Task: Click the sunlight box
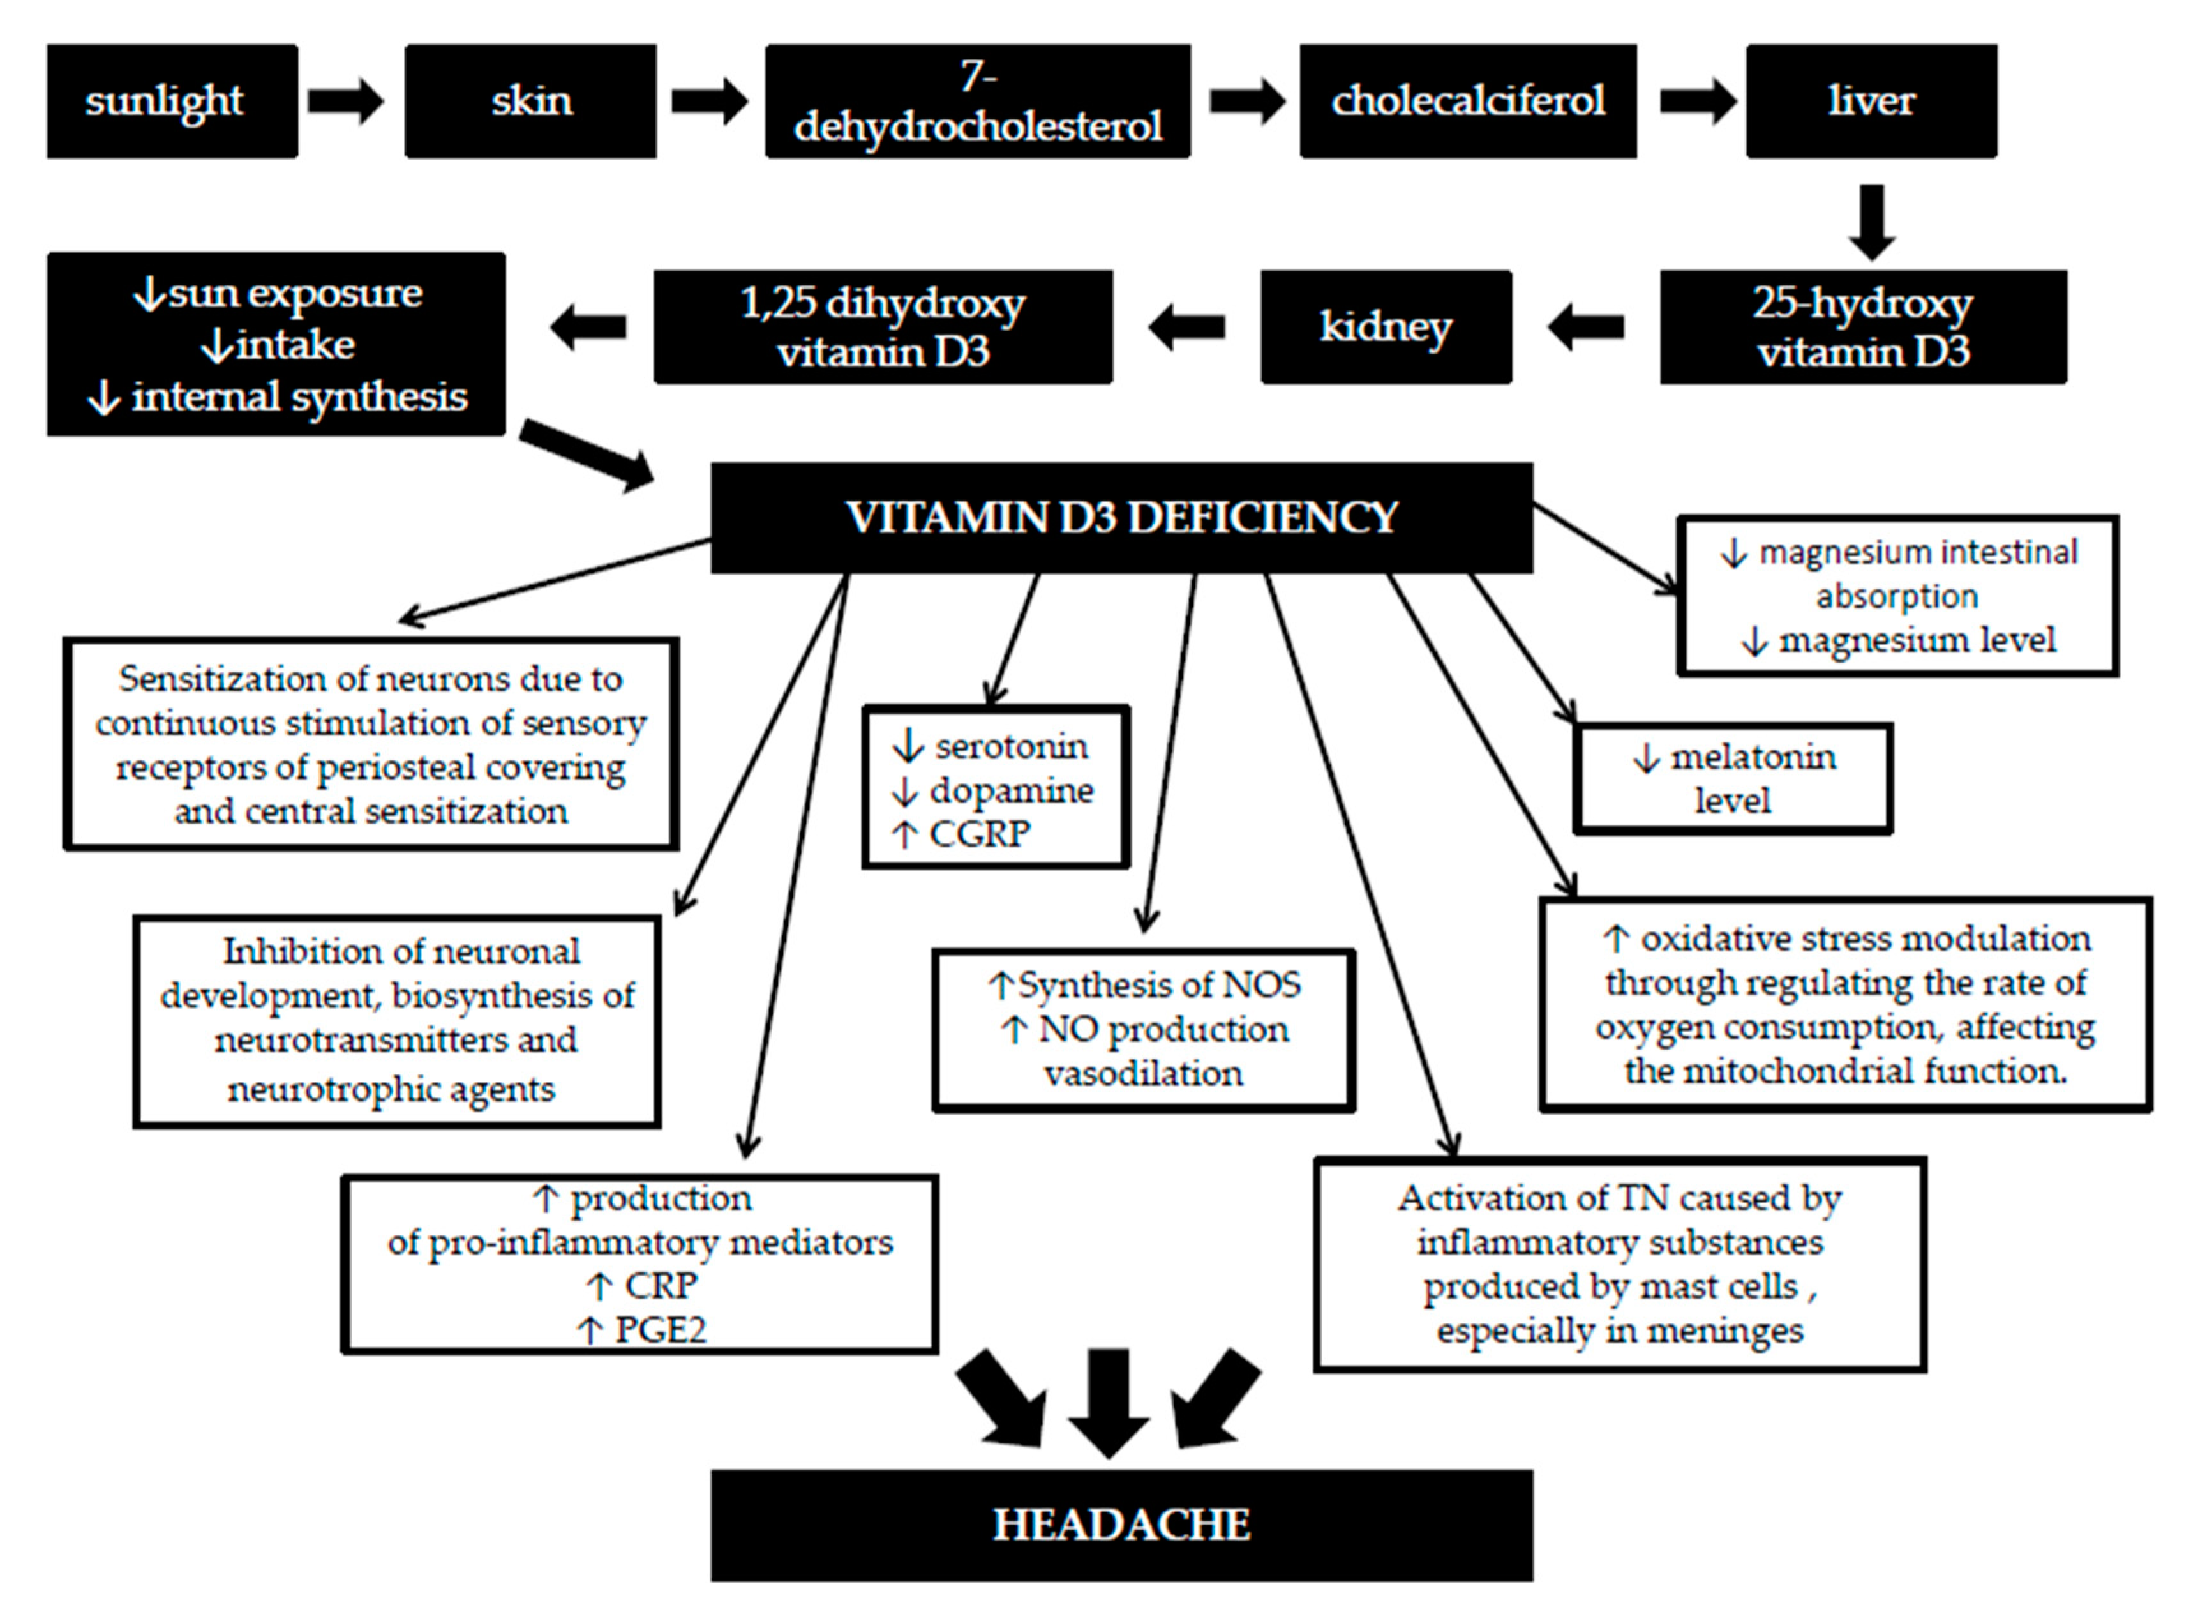pos(172,101)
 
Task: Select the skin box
pos(530,101)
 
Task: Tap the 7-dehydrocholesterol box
pos(978,101)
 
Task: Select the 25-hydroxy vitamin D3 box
pos(1862,327)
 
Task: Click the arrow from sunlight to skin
pos(345,101)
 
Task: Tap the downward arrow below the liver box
pos(1872,222)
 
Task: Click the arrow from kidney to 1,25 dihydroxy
pos(1186,327)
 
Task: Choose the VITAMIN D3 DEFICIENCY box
pos(1121,518)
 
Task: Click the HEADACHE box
pos(1121,1525)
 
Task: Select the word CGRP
pos(980,834)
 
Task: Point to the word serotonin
pos(1010,746)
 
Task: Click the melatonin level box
pos(1733,779)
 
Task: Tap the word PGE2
pos(661,1330)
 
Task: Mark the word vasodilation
pos(1143,1074)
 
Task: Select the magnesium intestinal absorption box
pos(1897,595)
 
